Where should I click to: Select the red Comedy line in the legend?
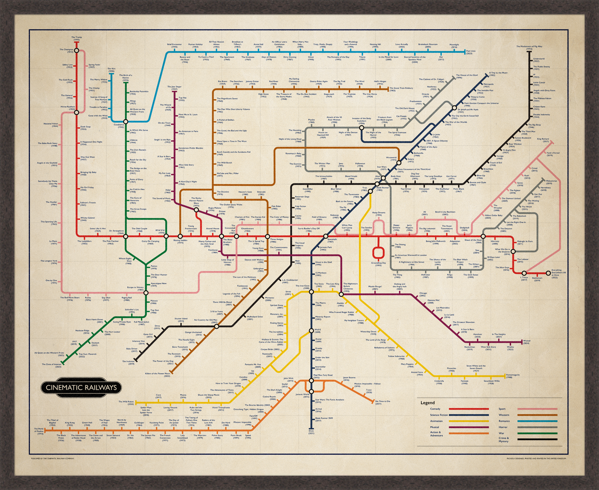click(463, 409)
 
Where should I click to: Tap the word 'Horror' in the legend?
click(502, 427)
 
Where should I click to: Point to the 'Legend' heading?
click(427, 402)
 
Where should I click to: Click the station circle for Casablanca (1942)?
click(126, 122)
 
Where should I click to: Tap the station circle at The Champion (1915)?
click(76, 50)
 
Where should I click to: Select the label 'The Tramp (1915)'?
click(76, 38)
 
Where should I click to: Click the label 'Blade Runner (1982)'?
click(382, 189)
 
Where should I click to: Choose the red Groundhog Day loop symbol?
click(378, 253)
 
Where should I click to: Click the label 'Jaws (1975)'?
click(341, 164)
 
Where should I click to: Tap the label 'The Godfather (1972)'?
click(444, 190)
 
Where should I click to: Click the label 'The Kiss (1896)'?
click(111, 70)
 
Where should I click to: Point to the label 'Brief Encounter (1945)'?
click(174, 45)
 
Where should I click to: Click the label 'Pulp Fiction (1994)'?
click(301, 207)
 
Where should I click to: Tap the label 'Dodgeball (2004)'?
click(464, 229)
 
